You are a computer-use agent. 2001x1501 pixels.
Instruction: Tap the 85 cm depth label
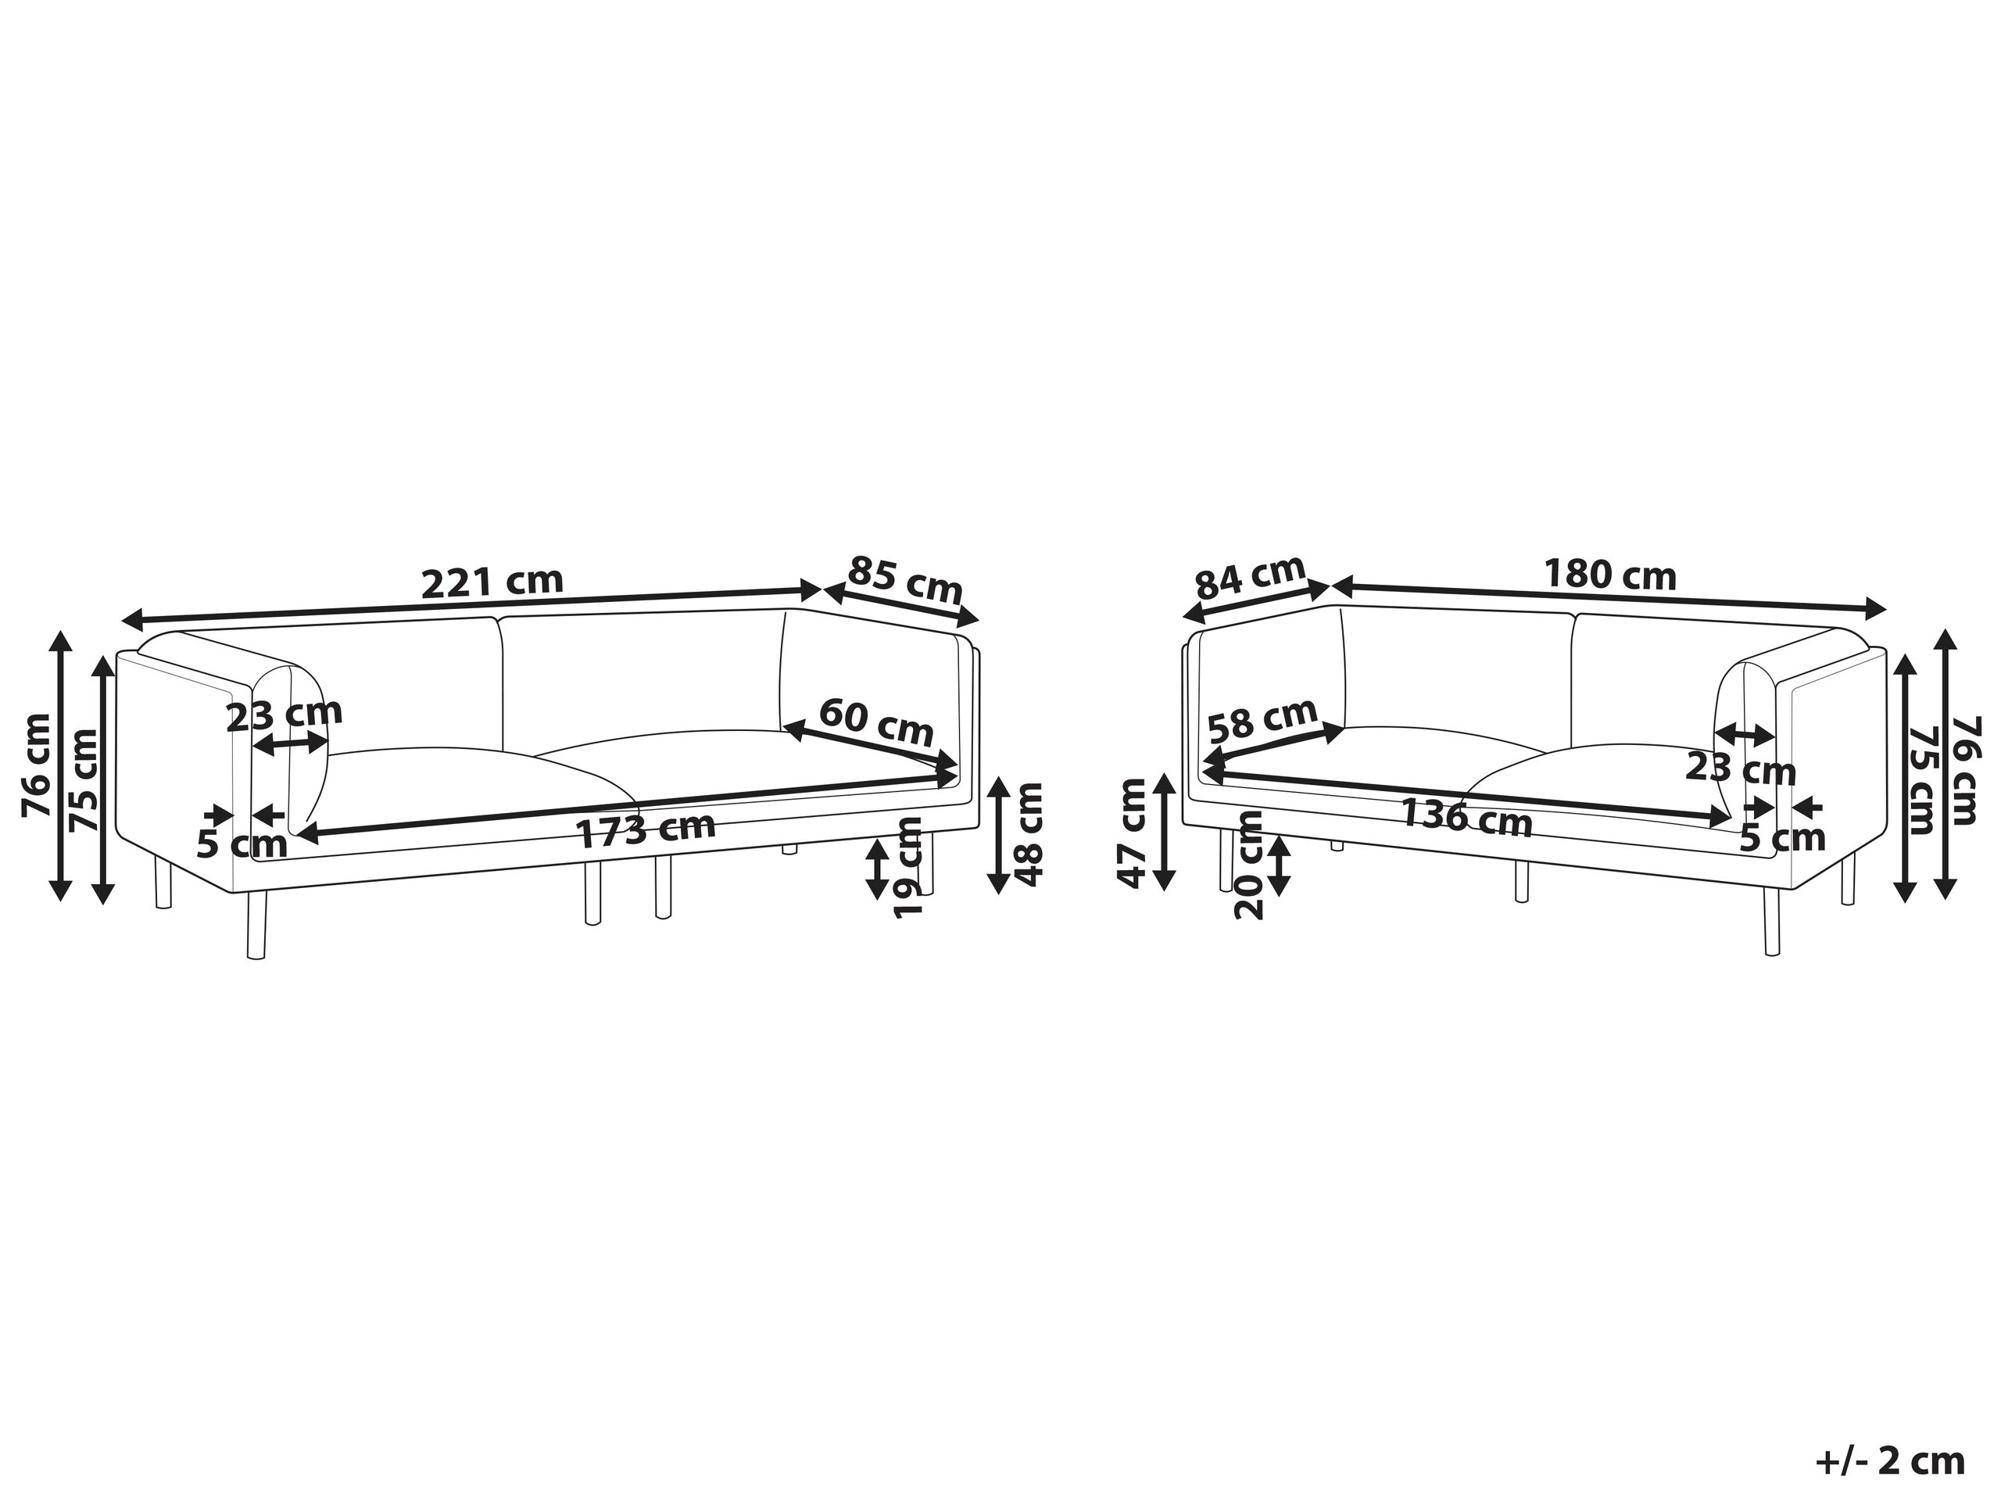click(904, 581)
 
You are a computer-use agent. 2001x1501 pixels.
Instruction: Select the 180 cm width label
click(1609, 575)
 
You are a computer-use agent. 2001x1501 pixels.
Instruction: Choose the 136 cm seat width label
click(1466, 819)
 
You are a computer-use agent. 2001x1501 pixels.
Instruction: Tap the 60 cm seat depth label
click(875, 722)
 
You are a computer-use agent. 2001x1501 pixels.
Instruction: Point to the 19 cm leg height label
click(907, 868)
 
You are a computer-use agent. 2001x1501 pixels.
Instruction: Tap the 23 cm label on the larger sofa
click(283, 715)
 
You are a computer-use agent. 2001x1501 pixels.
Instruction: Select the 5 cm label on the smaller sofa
click(1782, 838)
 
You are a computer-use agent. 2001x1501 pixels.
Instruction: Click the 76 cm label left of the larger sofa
click(36, 765)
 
